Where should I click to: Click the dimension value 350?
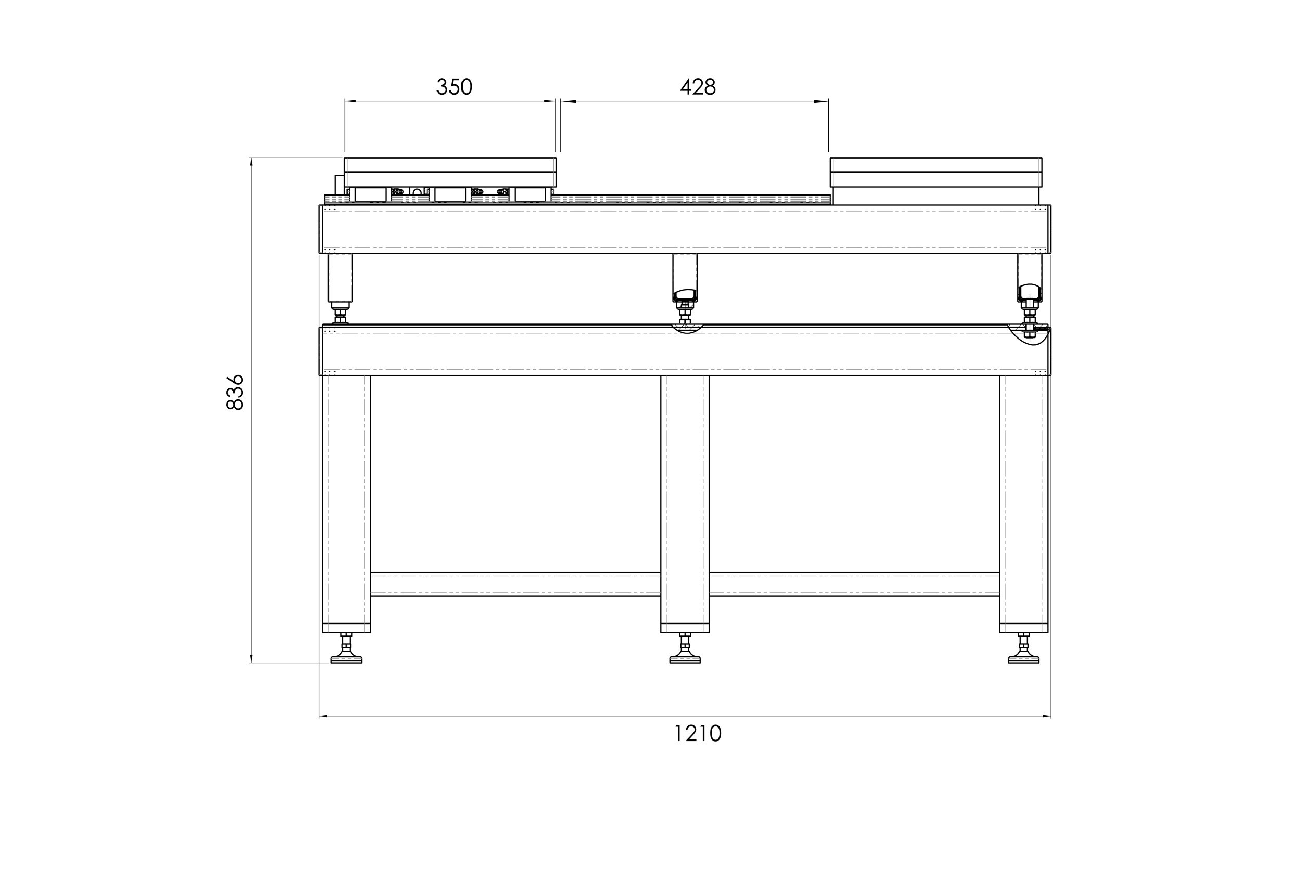[x=454, y=87]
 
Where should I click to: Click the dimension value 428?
[x=698, y=87]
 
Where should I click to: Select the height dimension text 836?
[x=235, y=392]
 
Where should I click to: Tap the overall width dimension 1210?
[x=698, y=734]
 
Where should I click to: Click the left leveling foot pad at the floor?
[x=346, y=659]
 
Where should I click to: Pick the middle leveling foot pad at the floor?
[x=685, y=659]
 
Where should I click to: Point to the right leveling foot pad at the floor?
[x=1023, y=659]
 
